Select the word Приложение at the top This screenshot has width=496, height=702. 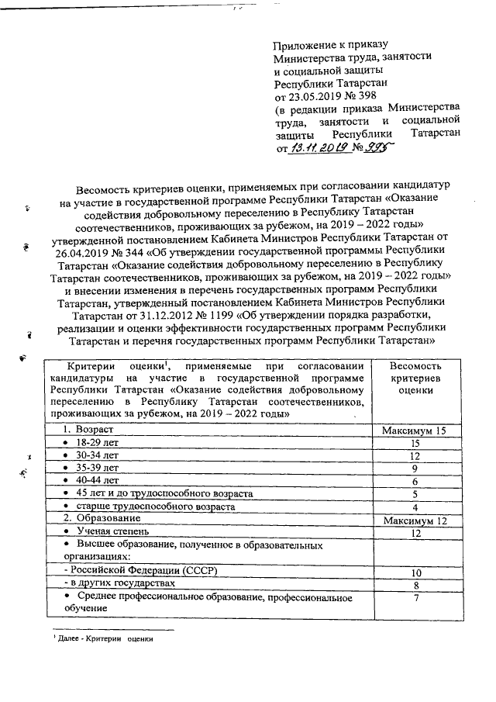click(x=305, y=46)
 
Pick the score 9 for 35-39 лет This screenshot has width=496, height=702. click(x=415, y=468)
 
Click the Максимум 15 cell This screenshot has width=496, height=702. click(x=415, y=429)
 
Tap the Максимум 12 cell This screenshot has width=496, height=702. click(x=415, y=519)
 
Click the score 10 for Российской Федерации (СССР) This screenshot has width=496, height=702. click(x=415, y=572)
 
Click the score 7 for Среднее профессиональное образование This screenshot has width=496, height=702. click(x=415, y=597)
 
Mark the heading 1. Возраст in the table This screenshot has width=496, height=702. click(x=88, y=428)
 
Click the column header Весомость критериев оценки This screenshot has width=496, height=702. click(x=415, y=378)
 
